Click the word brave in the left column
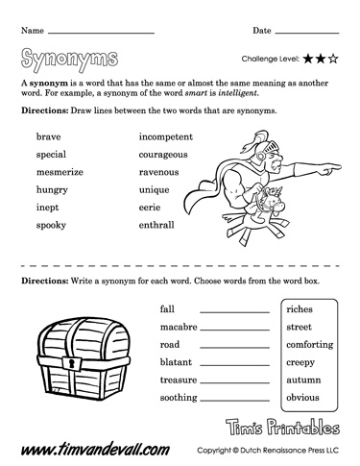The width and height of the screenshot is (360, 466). [x=48, y=137]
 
